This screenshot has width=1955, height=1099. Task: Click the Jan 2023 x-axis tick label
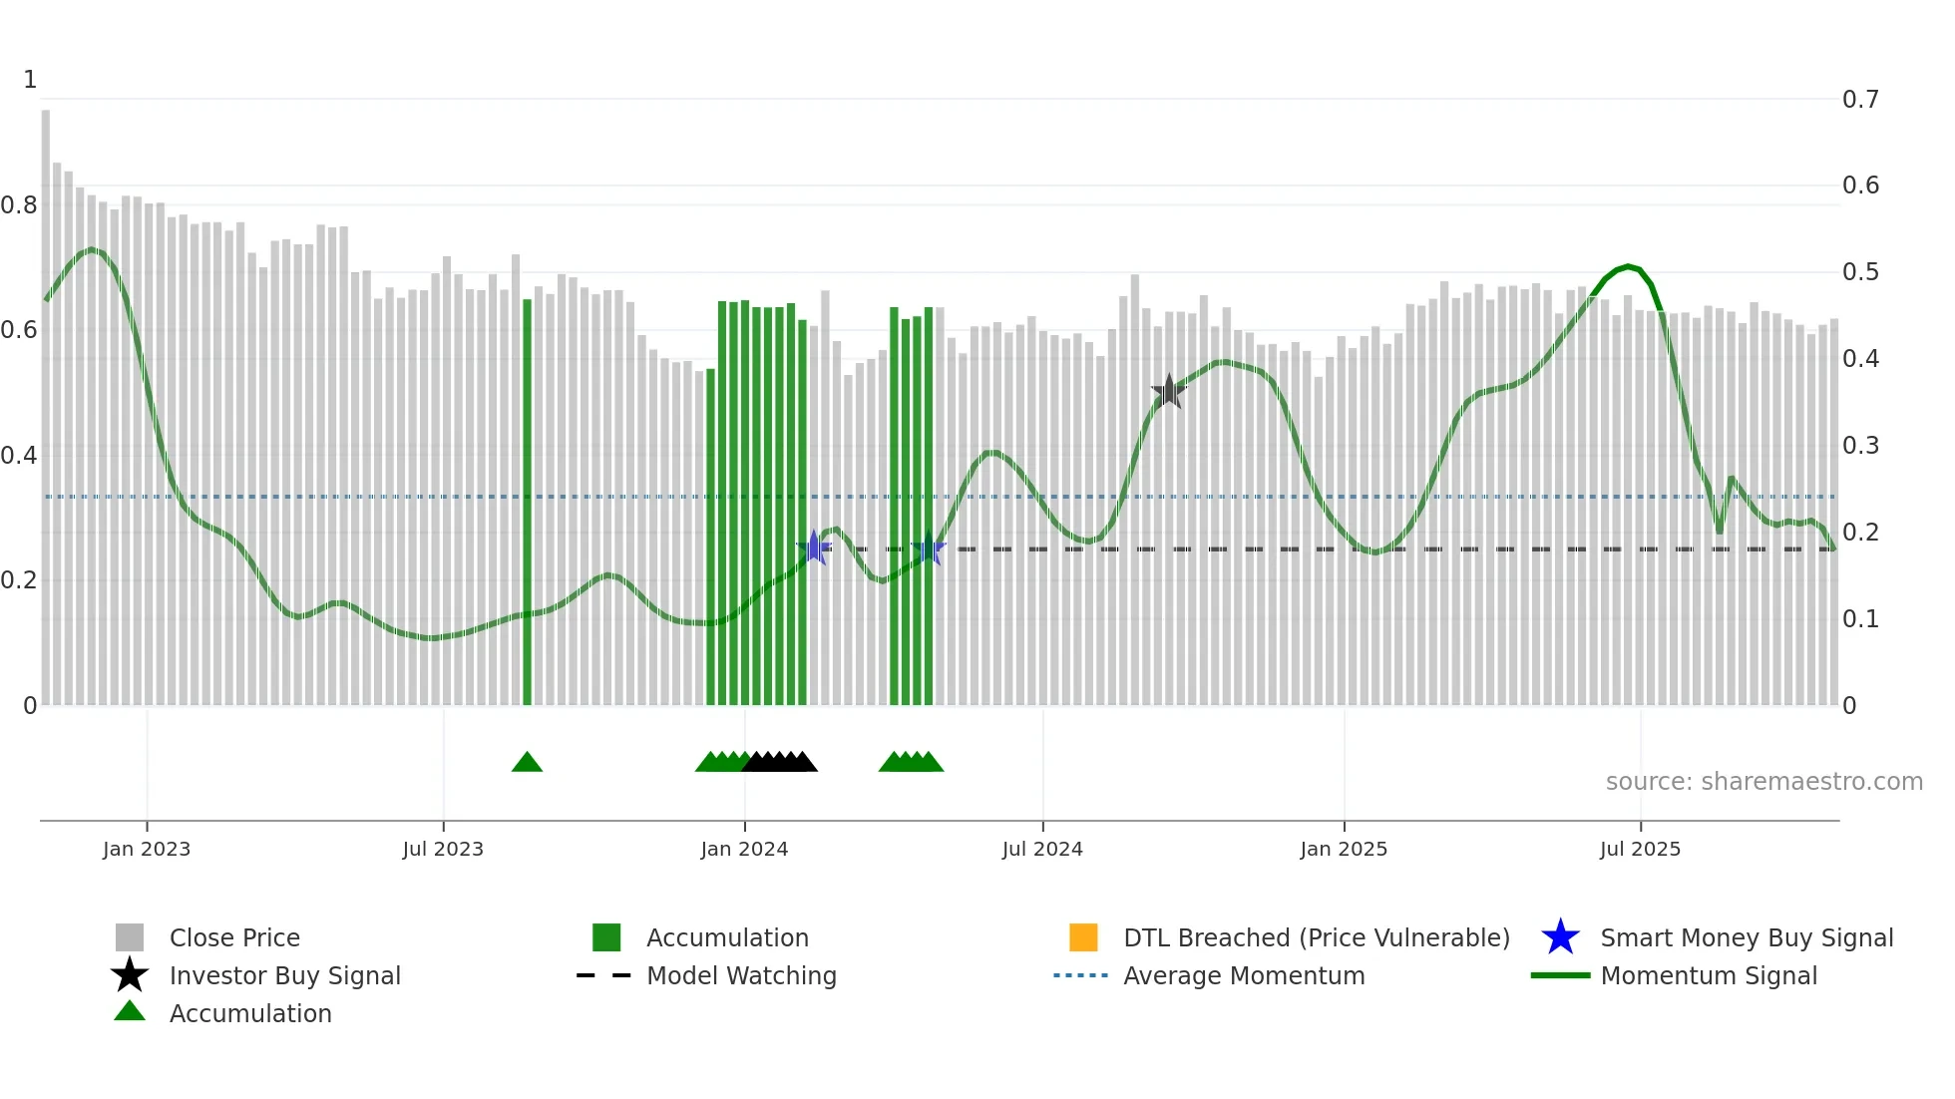pos(146,849)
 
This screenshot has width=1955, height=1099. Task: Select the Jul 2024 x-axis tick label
pos(1041,849)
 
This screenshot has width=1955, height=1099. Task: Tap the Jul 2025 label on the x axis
pos(1640,849)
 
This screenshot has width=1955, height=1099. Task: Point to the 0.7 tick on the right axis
pos(1859,100)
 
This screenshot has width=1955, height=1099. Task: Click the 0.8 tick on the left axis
pos(19,205)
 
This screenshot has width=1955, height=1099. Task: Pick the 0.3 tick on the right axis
pos(1859,446)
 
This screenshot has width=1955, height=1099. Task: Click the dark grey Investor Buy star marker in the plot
pos(1168,392)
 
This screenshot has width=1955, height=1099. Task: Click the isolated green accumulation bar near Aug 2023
pos(527,499)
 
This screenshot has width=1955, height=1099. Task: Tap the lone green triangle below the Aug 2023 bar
pos(527,763)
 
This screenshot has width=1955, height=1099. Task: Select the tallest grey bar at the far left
pos(45,399)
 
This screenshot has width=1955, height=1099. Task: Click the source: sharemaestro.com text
pos(1763,782)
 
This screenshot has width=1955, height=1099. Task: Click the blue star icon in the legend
pos(1560,937)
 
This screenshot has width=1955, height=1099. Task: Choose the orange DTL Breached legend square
pos(1083,937)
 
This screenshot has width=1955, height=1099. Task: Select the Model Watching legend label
pos(741,975)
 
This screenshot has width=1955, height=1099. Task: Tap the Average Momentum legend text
pos(1244,975)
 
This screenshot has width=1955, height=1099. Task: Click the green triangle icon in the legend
pos(130,1012)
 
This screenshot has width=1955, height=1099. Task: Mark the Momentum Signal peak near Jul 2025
pos(1628,266)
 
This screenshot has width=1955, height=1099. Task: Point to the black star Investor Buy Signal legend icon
pos(130,975)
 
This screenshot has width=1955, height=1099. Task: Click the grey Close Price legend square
pos(130,937)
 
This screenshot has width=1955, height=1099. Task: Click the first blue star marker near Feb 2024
pos(814,548)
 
